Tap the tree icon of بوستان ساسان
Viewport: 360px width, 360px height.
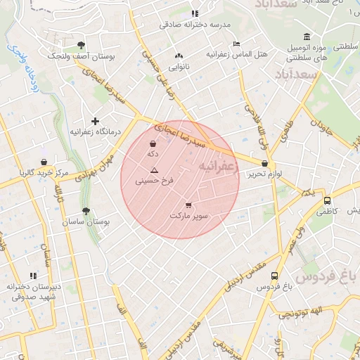pos(86,210)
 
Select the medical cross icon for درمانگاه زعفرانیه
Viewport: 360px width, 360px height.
pos(95,122)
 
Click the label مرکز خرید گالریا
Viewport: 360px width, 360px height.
pos(44,172)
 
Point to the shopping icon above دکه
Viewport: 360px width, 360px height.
pos(153,143)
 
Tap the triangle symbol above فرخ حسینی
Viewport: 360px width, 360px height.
pos(155,171)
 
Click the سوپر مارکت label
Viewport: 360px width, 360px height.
pos(188,216)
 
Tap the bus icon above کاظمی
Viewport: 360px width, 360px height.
pos(327,200)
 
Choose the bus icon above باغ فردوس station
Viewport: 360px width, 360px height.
pos(274,276)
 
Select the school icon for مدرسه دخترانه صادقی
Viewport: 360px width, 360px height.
pos(195,13)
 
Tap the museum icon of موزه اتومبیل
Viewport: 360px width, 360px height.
pos(306,37)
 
